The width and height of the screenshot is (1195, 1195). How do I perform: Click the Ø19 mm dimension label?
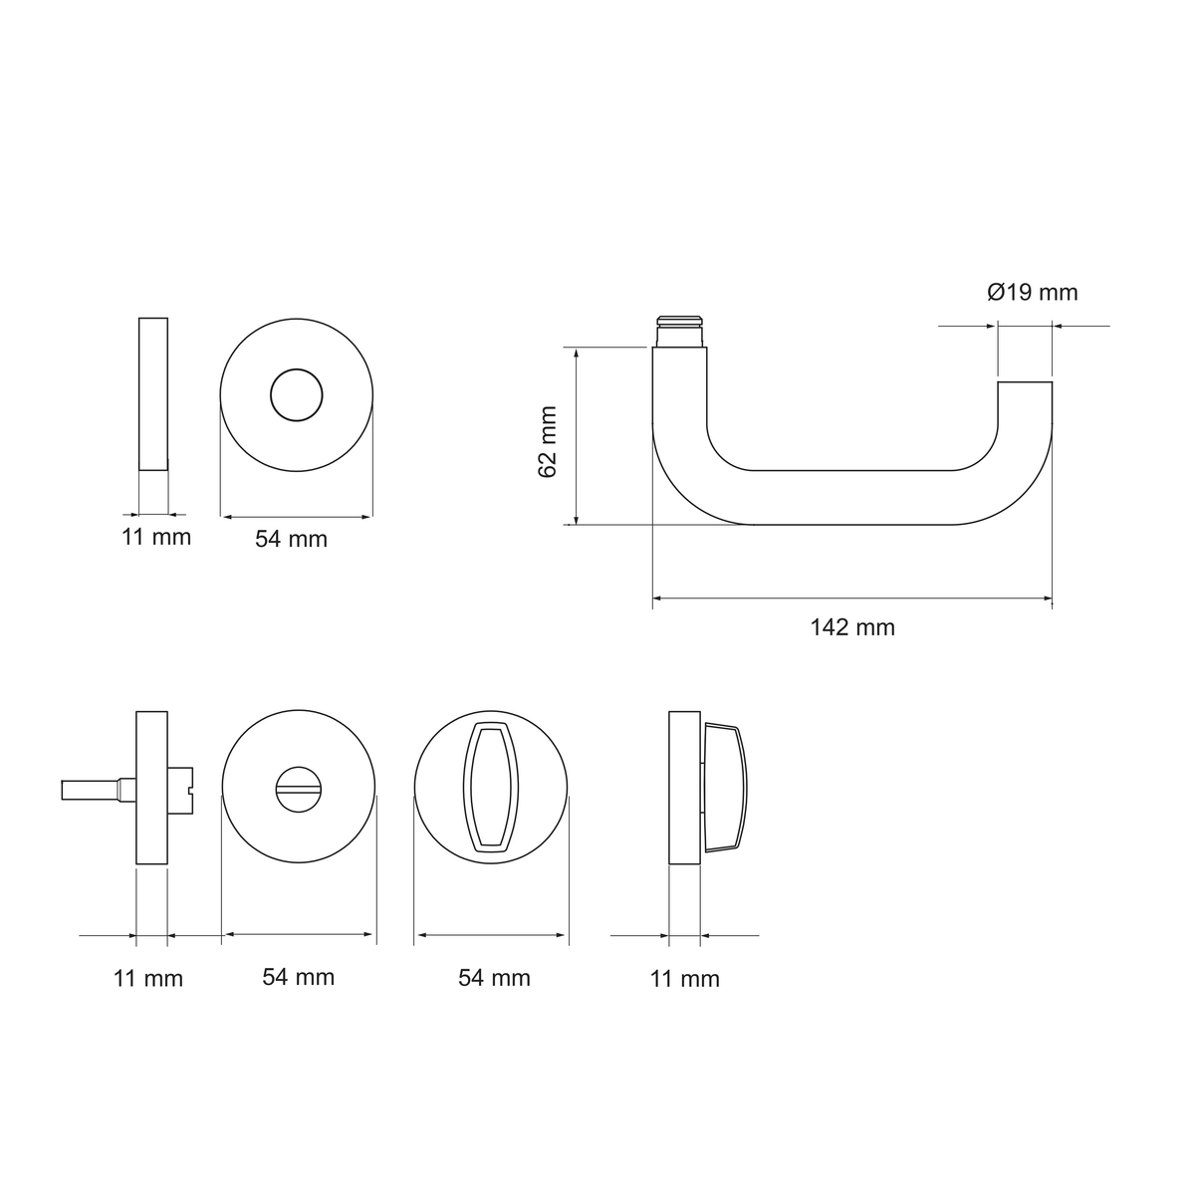(1032, 292)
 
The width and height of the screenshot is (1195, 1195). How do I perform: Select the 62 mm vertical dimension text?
(547, 441)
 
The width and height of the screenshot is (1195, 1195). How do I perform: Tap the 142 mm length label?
(852, 627)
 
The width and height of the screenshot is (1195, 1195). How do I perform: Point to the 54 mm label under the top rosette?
(292, 539)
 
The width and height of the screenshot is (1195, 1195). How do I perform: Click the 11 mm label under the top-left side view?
(155, 537)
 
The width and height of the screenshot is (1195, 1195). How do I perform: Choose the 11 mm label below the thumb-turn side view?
(684, 979)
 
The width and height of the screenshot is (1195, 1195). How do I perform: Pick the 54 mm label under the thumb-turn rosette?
(494, 978)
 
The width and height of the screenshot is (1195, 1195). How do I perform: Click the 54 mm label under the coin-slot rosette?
(299, 977)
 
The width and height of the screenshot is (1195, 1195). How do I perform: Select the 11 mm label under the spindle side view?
(148, 979)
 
